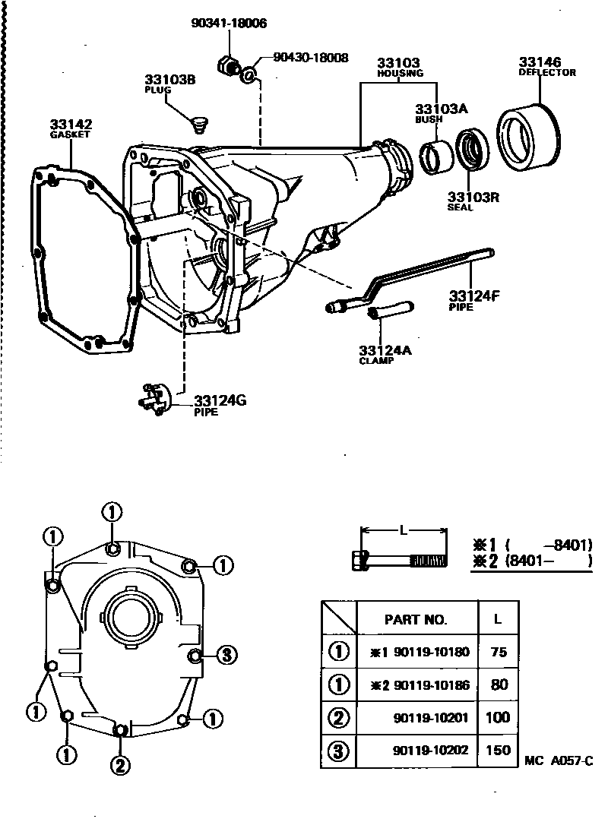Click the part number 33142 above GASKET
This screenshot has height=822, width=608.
[x=71, y=125]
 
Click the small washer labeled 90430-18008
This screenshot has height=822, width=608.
[x=248, y=76]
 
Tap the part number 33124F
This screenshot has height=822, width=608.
[x=473, y=295]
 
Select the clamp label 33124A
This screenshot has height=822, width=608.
[x=385, y=350]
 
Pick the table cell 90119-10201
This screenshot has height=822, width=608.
[x=431, y=717]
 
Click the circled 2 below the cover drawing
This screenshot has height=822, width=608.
[x=119, y=765]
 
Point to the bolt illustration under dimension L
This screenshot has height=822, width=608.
[x=400, y=561]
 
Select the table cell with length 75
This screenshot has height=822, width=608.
[x=499, y=651]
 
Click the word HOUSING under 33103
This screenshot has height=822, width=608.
[x=400, y=74]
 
